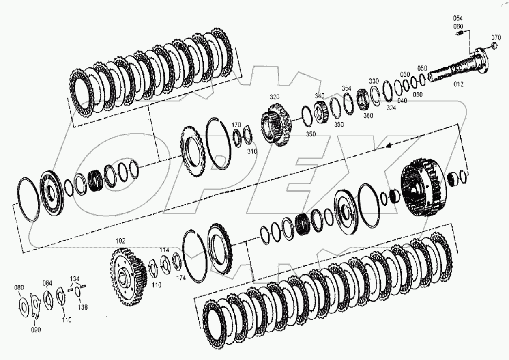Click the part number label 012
(x=458, y=84)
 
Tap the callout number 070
(x=496, y=37)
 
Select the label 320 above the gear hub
(x=275, y=97)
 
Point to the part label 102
(x=120, y=241)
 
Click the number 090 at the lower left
(x=36, y=330)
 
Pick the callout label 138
(x=83, y=307)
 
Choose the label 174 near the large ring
(x=181, y=278)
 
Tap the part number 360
(x=368, y=116)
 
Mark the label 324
(x=391, y=108)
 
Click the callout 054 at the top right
(x=458, y=18)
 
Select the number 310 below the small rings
(x=252, y=151)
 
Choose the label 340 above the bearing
(x=320, y=96)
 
